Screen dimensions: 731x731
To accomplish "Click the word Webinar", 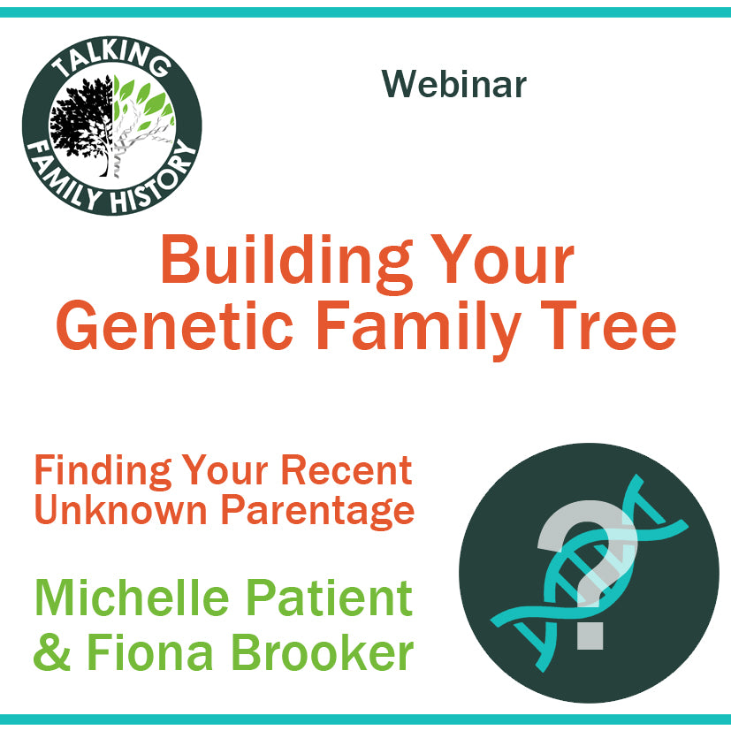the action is (454, 84).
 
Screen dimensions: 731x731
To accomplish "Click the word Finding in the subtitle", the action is (103, 471).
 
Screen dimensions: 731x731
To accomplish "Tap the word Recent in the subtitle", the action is (346, 470).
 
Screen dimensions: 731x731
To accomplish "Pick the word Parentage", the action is (317, 513).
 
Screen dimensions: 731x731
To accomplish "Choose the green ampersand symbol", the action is (52, 651).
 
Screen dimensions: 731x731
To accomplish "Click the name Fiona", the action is (149, 651).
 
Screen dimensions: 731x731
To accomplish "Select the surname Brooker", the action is (322, 651).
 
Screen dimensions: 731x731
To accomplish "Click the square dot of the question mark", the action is (590, 635).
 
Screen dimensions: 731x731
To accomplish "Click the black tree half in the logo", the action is (82, 126).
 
